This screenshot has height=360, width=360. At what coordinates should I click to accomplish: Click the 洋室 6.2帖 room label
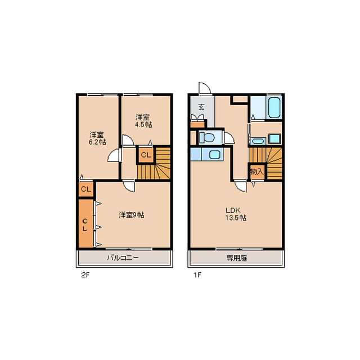point(97,138)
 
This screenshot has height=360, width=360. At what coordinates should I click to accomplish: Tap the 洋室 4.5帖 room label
point(143,121)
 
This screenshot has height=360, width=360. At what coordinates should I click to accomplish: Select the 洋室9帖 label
point(131,215)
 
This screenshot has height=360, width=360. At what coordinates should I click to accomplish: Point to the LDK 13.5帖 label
point(236,214)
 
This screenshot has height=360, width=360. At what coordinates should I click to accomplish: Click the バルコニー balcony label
point(123,258)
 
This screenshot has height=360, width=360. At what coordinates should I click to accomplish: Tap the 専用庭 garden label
point(237,258)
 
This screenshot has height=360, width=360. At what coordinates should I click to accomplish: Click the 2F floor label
point(85,275)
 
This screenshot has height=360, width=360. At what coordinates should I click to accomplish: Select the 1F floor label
point(197,275)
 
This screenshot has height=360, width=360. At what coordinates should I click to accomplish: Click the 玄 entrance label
point(201,107)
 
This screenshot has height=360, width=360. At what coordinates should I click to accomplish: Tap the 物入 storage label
point(256,172)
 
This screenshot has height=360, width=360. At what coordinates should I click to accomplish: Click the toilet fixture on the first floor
point(207,137)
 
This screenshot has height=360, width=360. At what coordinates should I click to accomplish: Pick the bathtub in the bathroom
point(274,107)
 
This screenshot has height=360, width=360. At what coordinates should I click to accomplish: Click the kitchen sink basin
point(215,154)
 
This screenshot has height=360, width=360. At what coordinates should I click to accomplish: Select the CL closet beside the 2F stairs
point(146,155)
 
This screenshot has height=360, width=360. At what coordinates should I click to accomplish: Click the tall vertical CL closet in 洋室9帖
point(85,223)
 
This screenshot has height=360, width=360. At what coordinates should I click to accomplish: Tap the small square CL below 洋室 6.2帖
point(86,189)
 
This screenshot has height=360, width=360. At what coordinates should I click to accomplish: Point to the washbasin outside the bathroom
point(258,141)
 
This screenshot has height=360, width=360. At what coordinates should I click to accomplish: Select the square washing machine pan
point(274,139)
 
